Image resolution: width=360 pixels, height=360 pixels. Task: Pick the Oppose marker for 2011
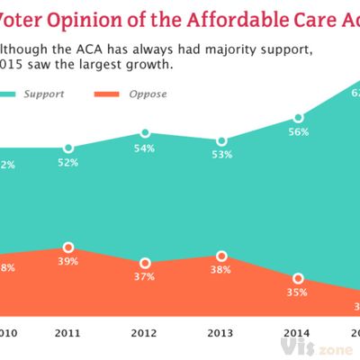[x=68, y=246]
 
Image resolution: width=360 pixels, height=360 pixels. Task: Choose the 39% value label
[x=68, y=261]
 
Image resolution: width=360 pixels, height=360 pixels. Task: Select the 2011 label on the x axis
[x=68, y=332]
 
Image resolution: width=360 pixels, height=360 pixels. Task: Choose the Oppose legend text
[x=148, y=94]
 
